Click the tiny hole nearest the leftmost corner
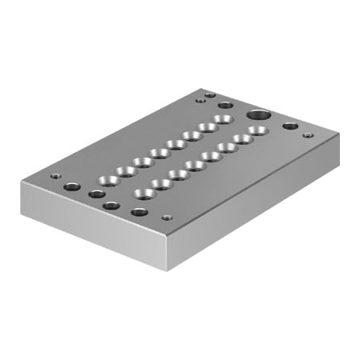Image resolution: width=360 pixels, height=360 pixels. (55, 177)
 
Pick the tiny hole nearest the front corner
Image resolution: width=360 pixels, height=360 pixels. (166, 218)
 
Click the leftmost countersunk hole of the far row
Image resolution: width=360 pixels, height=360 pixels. (107, 180)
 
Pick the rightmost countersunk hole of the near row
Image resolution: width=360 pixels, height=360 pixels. (255, 130)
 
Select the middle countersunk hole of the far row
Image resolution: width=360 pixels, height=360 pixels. (172, 146)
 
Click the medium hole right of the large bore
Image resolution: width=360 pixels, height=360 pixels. (290, 126)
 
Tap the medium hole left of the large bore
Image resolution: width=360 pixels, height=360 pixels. (226, 104)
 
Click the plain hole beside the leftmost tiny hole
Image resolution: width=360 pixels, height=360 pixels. (72, 186)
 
